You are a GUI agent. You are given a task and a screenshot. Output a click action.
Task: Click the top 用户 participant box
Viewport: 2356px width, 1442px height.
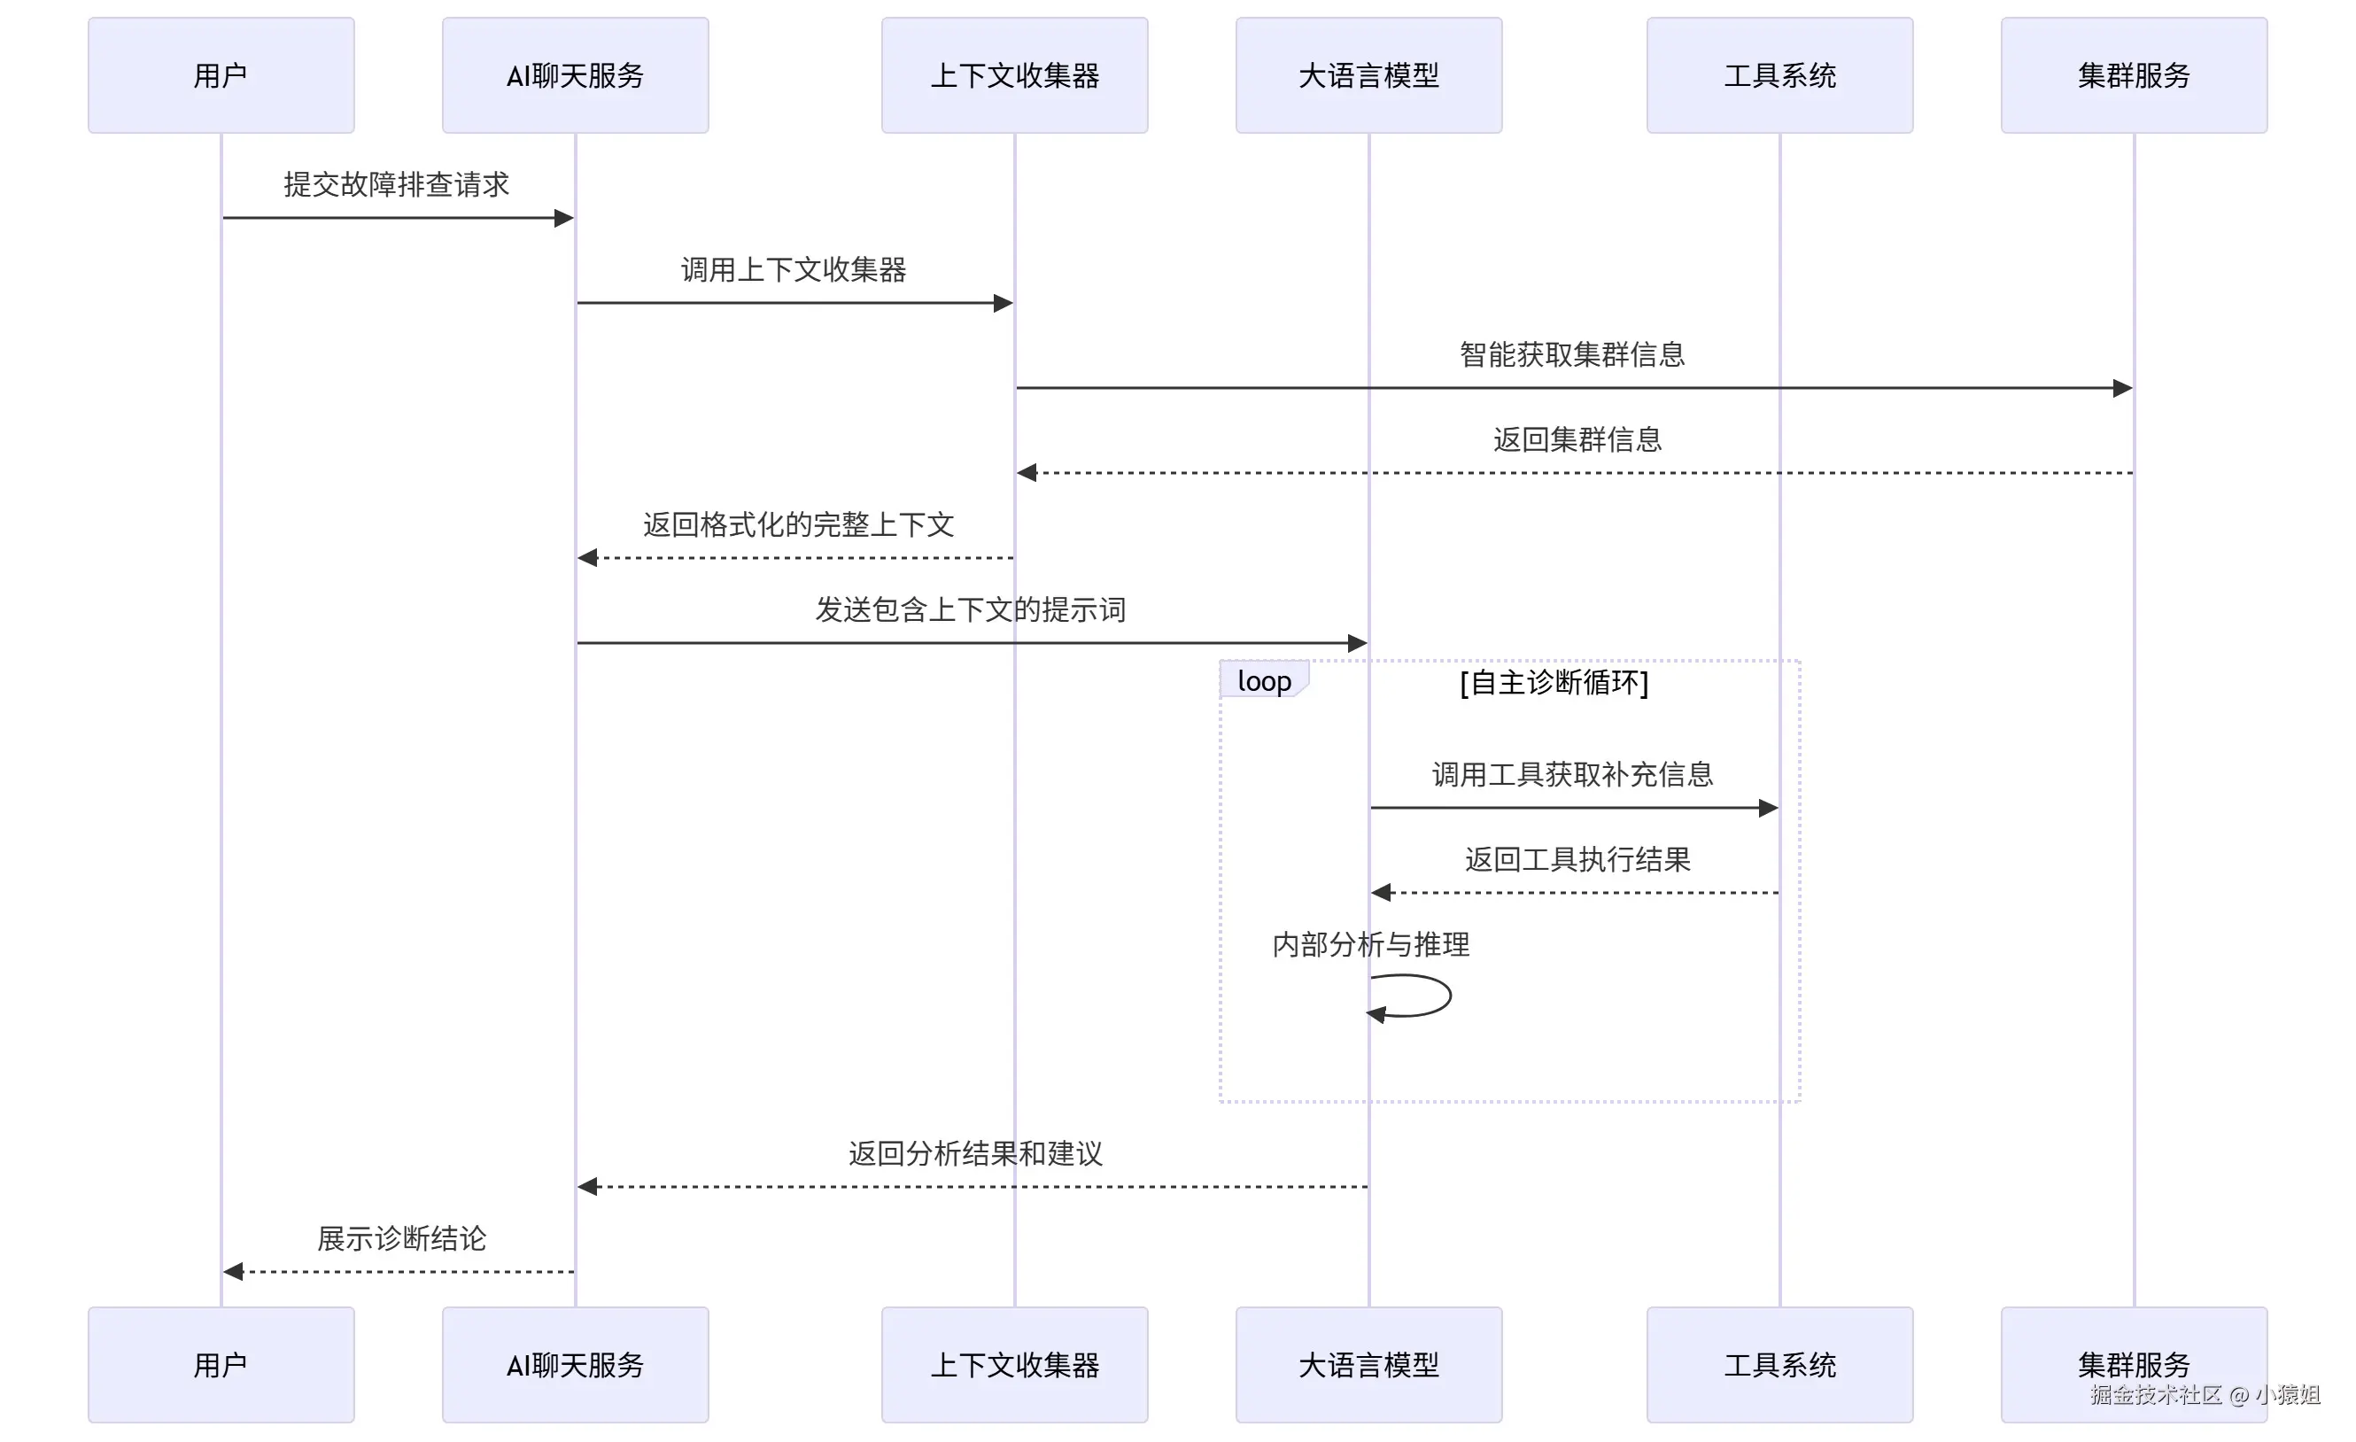click(x=221, y=74)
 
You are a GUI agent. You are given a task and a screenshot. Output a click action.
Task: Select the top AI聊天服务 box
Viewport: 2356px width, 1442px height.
click(x=575, y=74)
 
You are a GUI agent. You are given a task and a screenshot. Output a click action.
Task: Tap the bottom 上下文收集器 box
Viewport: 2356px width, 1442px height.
click(x=1014, y=1365)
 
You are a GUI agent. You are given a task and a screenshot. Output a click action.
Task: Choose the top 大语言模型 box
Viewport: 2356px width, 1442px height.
click(x=1368, y=74)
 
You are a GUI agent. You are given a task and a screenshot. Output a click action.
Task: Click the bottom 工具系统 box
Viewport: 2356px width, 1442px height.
click(x=1779, y=1365)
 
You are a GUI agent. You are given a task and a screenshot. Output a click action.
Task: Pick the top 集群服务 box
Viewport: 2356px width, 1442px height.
click(x=2133, y=74)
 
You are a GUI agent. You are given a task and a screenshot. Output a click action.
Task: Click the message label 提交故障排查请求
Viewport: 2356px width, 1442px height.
click(x=396, y=184)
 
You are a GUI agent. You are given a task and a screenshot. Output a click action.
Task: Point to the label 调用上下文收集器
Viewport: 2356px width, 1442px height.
click(x=794, y=269)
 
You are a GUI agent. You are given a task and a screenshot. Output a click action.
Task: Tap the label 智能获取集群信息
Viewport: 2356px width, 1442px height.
click(x=1572, y=355)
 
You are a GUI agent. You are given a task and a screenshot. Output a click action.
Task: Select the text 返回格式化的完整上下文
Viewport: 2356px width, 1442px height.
click(x=798, y=524)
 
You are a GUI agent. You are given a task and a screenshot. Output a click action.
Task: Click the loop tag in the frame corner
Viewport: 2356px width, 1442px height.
click(x=1263, y=681)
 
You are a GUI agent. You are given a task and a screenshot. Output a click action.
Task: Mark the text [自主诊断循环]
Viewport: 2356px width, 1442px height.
click(x=1554, y=683)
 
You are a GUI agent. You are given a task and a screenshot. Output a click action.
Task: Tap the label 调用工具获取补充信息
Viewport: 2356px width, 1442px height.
click(x=1572, y=774)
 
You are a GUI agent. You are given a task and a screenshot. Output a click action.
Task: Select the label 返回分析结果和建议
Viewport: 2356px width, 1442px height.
click(x=975, y=1154)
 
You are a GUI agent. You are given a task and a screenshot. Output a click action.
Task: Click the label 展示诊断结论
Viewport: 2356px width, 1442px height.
click(x=401, y=1239)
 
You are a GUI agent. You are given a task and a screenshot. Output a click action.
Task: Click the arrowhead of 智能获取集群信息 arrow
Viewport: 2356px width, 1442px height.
click(x=2123, y=388)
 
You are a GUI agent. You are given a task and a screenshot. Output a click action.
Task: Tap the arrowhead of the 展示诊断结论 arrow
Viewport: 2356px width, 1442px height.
click(x=233, y=1272)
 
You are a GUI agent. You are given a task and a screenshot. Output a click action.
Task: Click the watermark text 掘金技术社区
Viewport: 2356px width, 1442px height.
click(x=2156, y=1395)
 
